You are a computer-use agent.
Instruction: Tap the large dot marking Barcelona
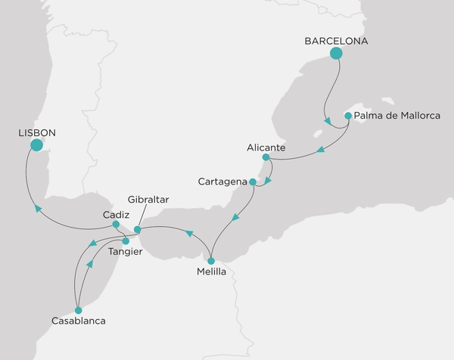pyautogui.click(x=337, y=53)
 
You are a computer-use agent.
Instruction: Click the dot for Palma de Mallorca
pyautogui.click(x=347, y=116)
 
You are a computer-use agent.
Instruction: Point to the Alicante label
pyautogui.click(x=266, y=147)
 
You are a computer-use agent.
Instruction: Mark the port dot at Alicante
pyautogui.click(x=266, y=157)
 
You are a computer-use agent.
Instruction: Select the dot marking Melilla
pyautogui.click(x=211, y=261)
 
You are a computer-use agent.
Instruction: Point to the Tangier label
pyautogui.click(x=125, y=251)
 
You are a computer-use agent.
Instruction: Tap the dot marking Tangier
pyautogui.click(x=126, y=241)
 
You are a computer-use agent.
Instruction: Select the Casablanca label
pyautogui.click(x=79, y=321)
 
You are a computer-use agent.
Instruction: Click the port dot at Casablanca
pyautogui.click(x=77, y=309)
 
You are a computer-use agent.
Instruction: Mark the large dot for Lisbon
pyautogui.click(x=36, y=144)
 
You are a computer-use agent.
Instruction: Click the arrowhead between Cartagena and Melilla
pyautogui.click(x=235, y=218)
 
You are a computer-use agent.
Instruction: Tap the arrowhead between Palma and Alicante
pyautogui.click(x=321, y=150)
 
